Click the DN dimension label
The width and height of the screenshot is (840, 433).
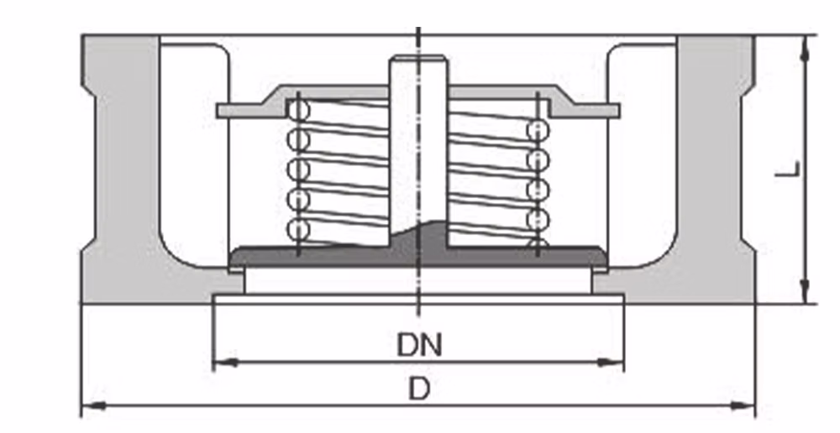(x=419, y=345)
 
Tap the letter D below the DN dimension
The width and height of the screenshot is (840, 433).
(x=419, y=389)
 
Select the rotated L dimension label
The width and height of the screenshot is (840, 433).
(x=794, y=169)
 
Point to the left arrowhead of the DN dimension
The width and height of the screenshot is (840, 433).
(x=225, y=363)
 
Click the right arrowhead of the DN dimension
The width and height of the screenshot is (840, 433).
(x=612, y=363)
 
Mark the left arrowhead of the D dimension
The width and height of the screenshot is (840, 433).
(x=93, y=406)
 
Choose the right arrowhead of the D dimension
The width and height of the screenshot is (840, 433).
(x=743, y=406)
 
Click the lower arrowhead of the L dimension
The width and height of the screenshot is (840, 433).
(x=804, y=291)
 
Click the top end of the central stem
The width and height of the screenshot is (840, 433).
(x=418, y=56)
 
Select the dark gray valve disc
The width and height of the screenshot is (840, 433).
(x=418, y=255)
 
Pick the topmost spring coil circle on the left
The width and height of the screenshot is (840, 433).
(x=298, y=110)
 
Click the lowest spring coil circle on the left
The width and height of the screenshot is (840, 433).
(x=298, y=230)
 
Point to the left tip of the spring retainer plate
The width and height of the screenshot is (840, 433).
(x=217, y=111)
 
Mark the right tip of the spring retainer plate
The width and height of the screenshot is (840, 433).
(x=619, y=111)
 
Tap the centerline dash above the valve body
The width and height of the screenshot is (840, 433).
(x=418, y=31)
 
